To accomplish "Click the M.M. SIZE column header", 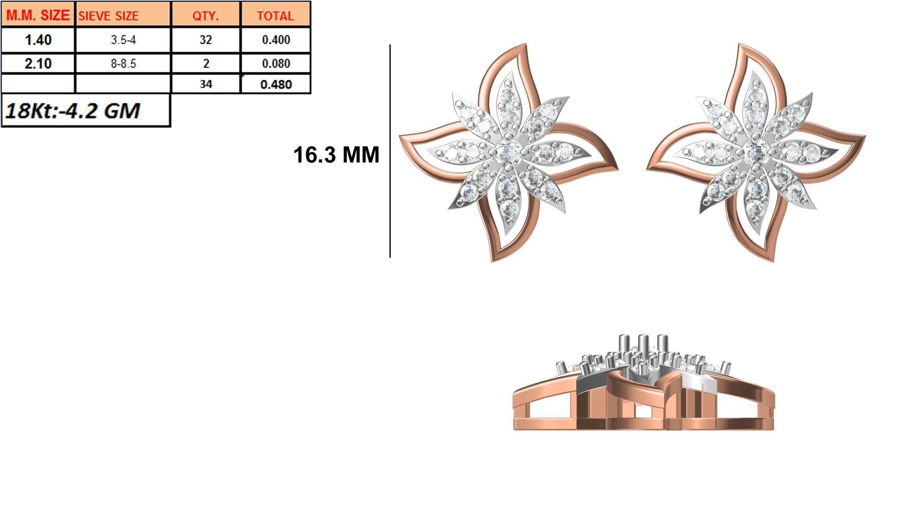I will [x=38, y=15].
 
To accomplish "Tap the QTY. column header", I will [x=205, y=16].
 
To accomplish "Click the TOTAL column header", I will [x=275, y=16].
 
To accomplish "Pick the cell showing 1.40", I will [x=38, y=40].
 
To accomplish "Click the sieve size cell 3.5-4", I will [x=123, y=40].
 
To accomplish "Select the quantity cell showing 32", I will [x=205, y=40].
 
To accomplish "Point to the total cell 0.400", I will [x=275, y=40].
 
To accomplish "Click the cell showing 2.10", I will [x=38, y=63].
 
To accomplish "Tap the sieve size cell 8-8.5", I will [x=123, y=63].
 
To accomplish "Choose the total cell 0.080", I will [x=275, y=63].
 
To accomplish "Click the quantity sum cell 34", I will [x=205, y=84].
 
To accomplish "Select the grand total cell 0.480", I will [x=275, y=84].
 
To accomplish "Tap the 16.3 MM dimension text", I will [x=336, y=155].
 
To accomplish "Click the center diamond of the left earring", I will [x=508, y=152].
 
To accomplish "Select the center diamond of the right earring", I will [x=756, y=152].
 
